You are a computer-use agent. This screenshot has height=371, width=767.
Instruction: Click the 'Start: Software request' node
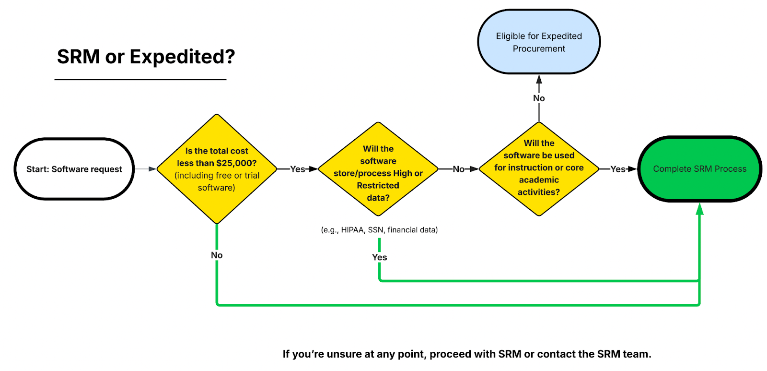[x=74, y=169]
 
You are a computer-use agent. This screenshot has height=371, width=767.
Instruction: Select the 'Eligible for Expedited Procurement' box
[x=539, y=42]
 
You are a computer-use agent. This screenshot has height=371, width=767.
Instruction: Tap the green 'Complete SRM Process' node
[x=699, y=169]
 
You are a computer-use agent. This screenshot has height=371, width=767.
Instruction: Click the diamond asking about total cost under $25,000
[x=217, y=169]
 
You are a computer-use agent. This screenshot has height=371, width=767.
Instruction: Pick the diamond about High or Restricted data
[x=378, y=169]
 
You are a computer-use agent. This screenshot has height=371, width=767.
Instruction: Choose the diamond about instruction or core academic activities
[x=539, y=169]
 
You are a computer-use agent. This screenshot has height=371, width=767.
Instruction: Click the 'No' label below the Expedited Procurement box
[x=539, y=98]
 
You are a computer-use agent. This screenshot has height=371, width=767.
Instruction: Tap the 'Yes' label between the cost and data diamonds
[x=297, y=169]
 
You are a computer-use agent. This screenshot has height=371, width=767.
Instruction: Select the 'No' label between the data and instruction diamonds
[x=458, y=169]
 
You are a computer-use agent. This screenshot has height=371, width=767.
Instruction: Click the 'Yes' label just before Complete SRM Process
[x=617, y=169]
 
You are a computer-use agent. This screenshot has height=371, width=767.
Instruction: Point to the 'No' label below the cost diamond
[x=217, y=255]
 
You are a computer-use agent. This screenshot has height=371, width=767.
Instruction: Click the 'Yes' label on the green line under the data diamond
[x=379, y=257]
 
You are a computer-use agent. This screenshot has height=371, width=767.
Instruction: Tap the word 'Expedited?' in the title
[x=182, y=57]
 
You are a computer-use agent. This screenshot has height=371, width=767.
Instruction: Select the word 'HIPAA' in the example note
[x=353, y=230]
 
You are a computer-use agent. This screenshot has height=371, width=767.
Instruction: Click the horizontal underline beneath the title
[x=140, y=80]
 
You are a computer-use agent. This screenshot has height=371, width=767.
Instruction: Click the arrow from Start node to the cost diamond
[x=145, y=169]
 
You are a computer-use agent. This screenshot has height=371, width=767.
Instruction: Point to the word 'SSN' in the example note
[x=375, y=230]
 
